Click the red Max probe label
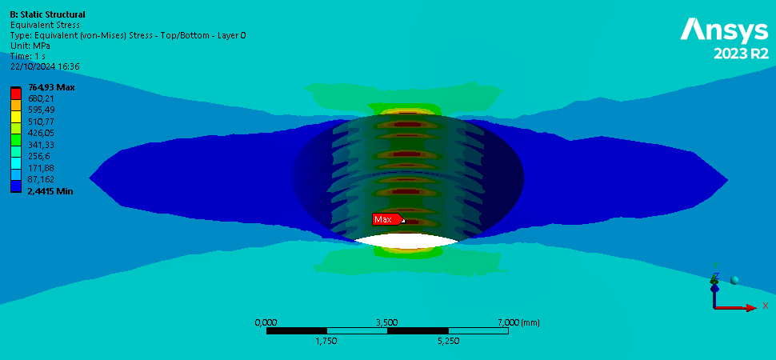tap(388, 219)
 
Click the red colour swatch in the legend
tap(16, 94)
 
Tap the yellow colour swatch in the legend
tap(16, 116)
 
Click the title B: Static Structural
tap(47, 15)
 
